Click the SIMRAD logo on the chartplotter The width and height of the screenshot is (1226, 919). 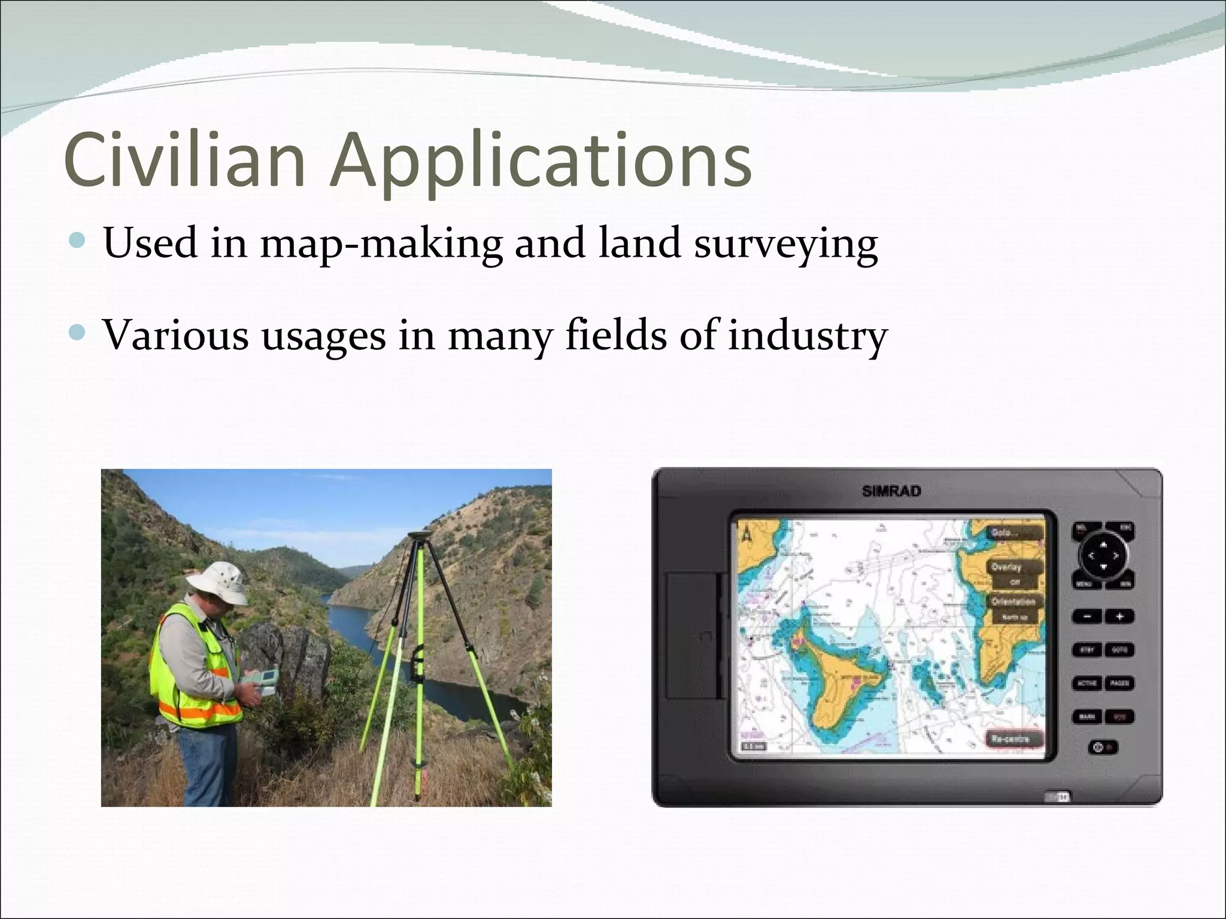[891, 491]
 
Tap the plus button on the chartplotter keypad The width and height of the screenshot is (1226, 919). [1119, 616]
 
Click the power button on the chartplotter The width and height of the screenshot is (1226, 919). [1098, 747]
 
